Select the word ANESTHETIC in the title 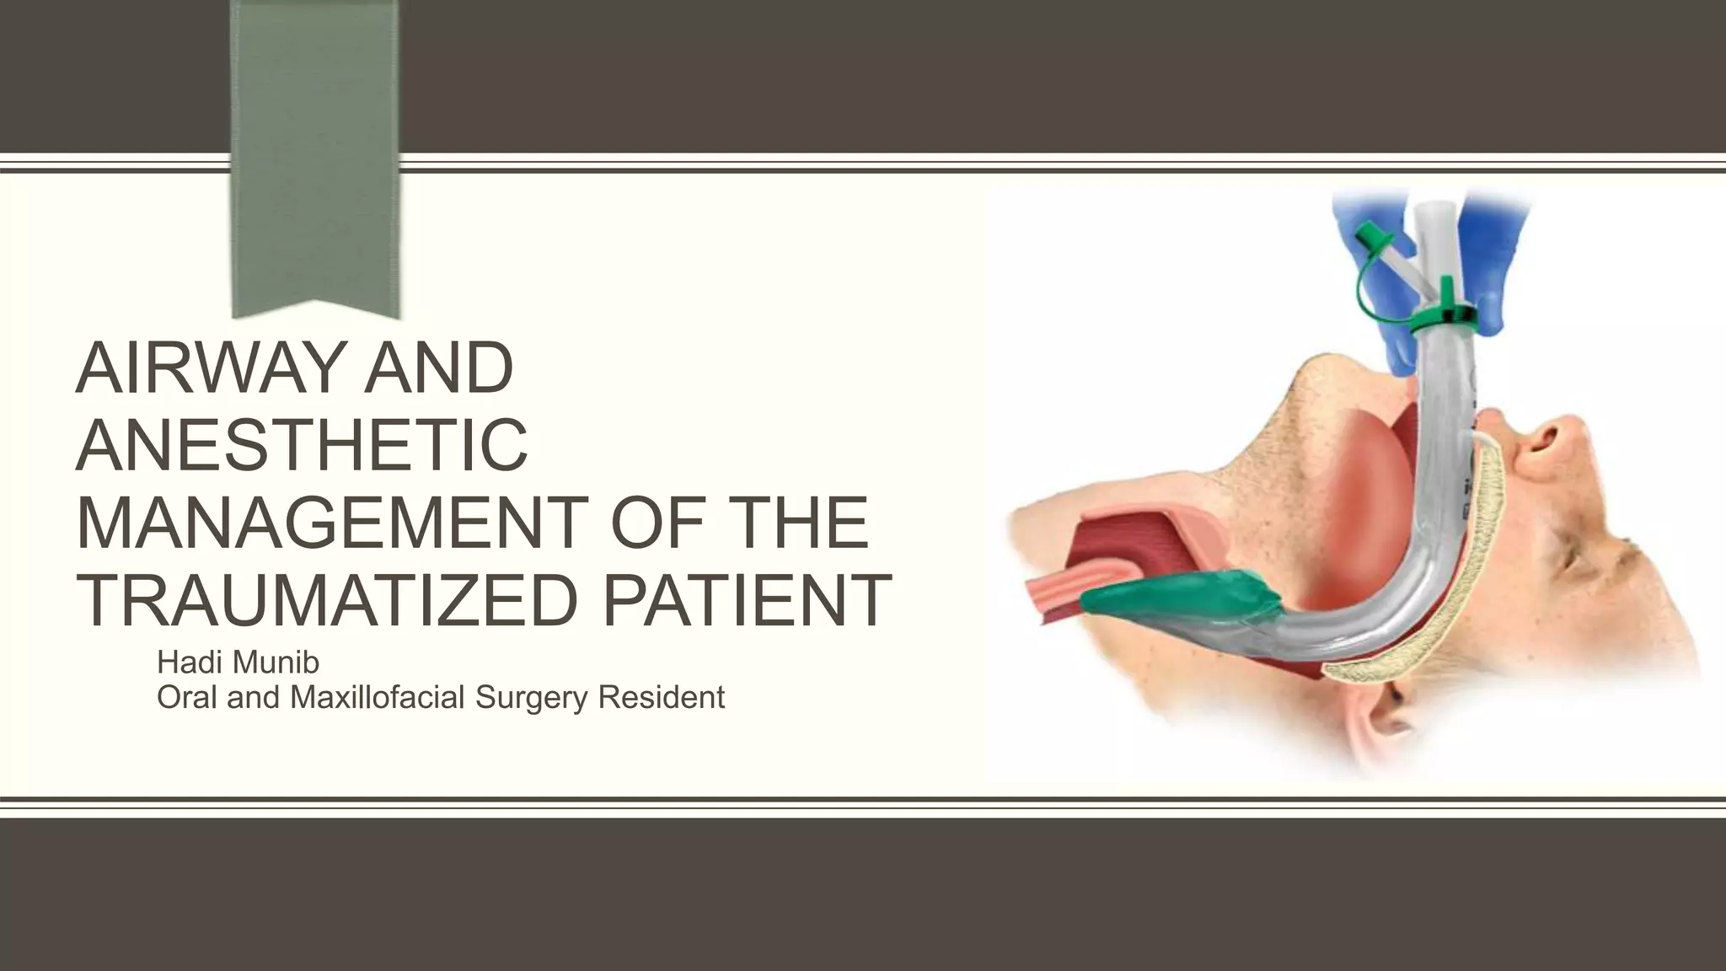click(303, 445)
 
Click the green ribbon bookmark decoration click(315, 152)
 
